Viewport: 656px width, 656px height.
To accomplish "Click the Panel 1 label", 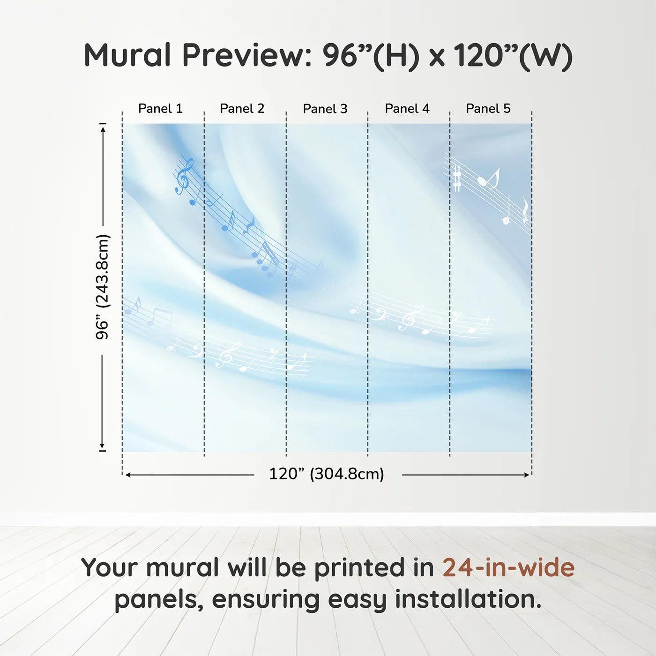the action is tap(160, 109).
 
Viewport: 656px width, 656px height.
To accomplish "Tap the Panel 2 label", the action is tap(242, 109).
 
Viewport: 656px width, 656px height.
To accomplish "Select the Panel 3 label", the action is tap(325, 109).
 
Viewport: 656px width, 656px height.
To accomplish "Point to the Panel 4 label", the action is tap(407, 109).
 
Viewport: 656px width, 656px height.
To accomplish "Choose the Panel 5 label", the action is tap(488, 109).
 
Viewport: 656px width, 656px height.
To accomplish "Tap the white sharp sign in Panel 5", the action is tap(457, 179).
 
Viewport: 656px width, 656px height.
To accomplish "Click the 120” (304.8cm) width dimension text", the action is tap(327, 474).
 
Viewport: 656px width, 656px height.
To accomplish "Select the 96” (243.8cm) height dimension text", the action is tap(102, 287).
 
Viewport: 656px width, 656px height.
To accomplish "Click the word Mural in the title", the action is tap(127, 55).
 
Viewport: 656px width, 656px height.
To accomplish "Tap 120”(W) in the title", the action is tap(513, 57).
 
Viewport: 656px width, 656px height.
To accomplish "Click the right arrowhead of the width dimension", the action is tap(526, 475).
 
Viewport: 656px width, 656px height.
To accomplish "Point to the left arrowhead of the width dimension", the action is tap(129, 475).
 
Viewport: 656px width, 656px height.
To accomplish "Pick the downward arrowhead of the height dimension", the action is tap(102, 446).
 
